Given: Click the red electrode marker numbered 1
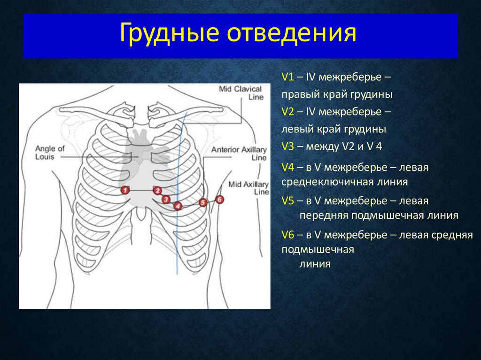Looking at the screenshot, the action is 124,190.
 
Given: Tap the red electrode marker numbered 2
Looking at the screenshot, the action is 157,190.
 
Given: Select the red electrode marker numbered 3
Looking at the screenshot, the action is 166,199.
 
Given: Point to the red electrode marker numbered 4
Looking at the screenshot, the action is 178,206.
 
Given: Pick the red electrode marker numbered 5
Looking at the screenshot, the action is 202,203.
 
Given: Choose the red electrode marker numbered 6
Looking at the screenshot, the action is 219,199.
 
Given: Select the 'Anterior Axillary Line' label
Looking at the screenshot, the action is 240,154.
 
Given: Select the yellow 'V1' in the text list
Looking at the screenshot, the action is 287,77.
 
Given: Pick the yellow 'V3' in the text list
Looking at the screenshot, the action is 287,146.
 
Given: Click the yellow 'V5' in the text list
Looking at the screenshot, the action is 287,201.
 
